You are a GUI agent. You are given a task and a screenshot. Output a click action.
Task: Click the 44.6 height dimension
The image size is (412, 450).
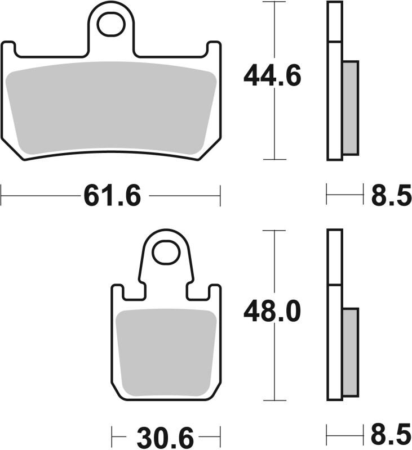tap(273, 76)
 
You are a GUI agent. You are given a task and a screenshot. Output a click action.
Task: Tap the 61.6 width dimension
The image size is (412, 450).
tap(112, 196)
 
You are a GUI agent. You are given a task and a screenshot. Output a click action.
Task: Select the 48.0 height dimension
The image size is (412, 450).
tap(273, 312)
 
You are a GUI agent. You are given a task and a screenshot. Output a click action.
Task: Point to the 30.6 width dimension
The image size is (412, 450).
tap(165, 436)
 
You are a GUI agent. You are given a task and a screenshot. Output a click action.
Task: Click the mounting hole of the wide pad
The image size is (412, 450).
tap(111, 24)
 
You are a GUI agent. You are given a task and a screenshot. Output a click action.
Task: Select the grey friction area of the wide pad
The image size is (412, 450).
tap(111, 107)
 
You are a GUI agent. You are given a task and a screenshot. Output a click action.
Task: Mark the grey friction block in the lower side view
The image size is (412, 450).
tap(350, 351)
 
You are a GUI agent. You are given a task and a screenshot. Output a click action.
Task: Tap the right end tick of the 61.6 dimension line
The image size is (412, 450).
tap(220, 196)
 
